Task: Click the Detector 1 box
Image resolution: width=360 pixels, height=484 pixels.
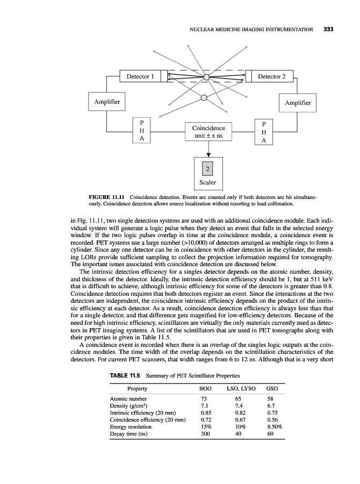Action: click(140, 77)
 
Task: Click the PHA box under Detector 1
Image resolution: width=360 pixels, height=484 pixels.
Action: click(141, 131)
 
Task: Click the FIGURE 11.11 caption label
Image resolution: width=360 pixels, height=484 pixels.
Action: click(107, 198)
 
